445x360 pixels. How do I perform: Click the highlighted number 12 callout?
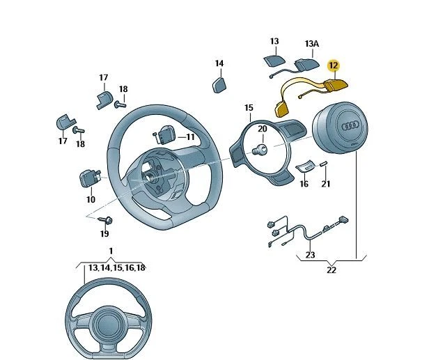(x=333, y=65)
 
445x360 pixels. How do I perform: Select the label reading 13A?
(x=311, y=43)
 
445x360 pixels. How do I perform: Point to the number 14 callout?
(x=219, y=63)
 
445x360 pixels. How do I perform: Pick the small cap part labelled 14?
(x=219, y=84)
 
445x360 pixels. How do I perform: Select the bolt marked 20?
(x=263, y=148)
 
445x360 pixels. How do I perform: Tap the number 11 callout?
(x=190, y=137)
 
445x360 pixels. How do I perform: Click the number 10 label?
(x=91, y=199)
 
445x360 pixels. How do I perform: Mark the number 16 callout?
(x=304, y=184)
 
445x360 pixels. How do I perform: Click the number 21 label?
(x=326, y=184)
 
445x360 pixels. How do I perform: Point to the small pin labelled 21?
(x=325, y=163)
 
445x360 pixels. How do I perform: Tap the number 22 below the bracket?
(x=331, y=270)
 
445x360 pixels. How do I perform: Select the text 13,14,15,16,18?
(x=116, y=267)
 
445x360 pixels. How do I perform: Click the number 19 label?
(x=104, y=234)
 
